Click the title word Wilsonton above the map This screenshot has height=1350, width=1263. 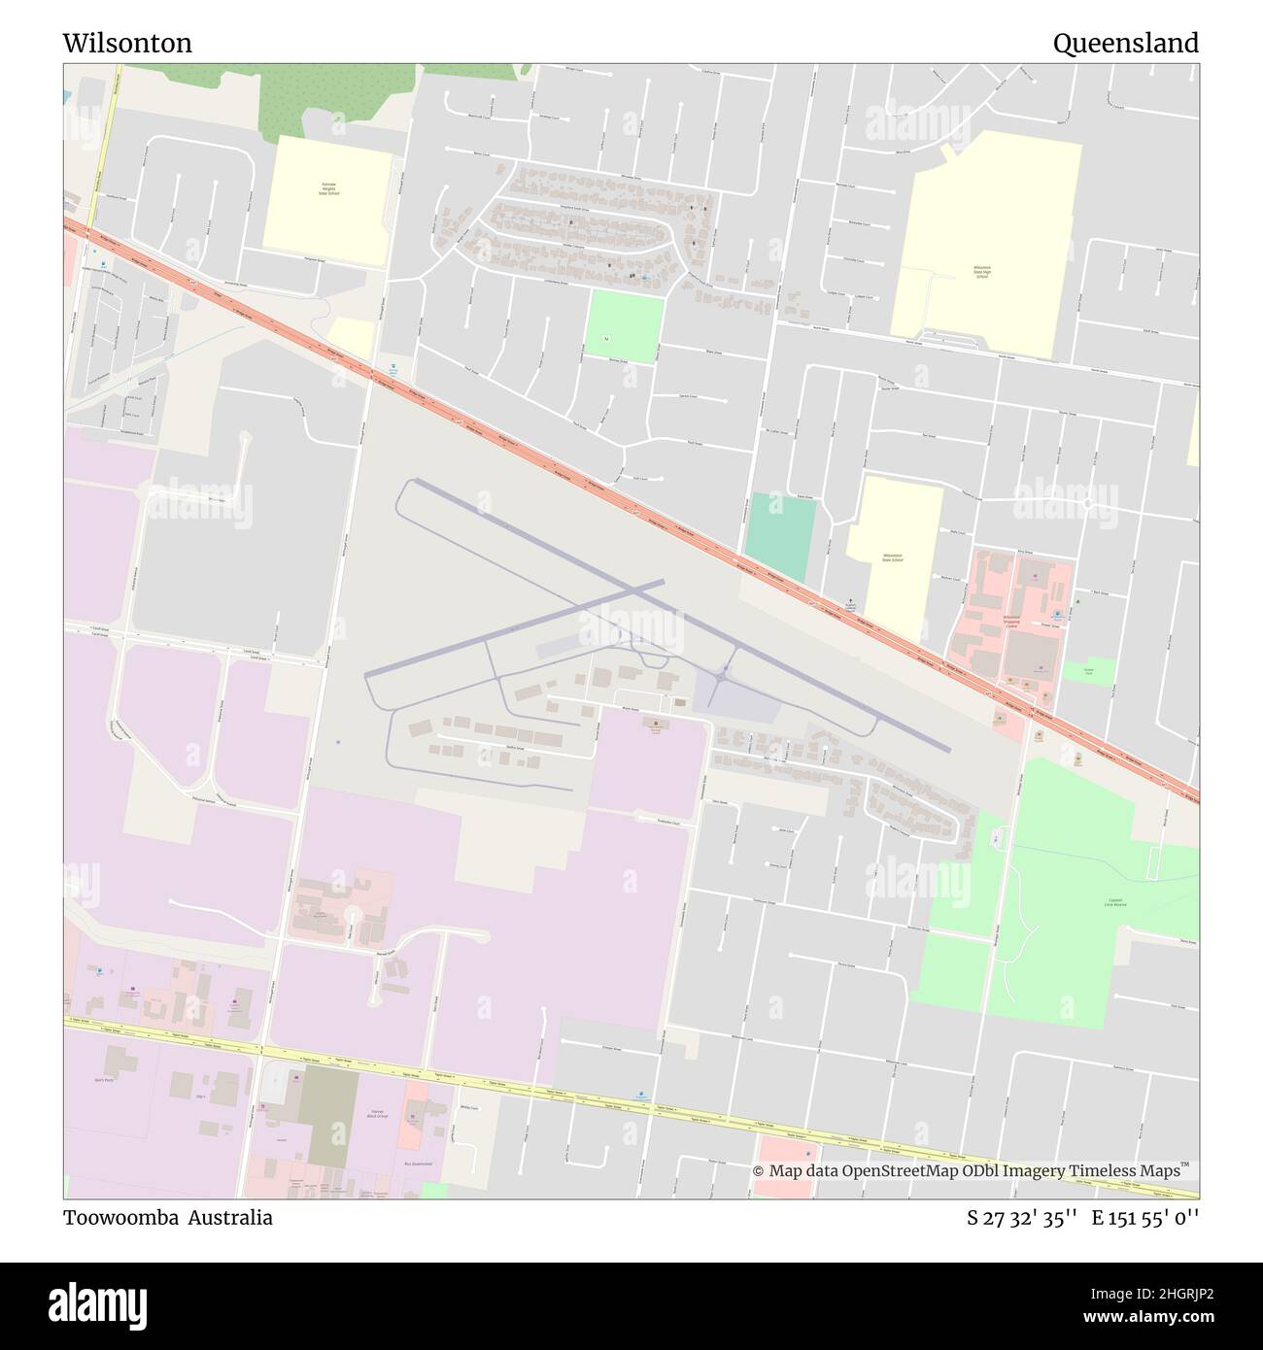coord(127,44)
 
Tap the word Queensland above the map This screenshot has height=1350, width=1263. coord(1125,44)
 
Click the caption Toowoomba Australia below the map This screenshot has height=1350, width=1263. coord(168,1218)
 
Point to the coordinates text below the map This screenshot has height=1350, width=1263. coord(1082,1218)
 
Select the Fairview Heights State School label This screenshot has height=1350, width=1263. coord(327,188)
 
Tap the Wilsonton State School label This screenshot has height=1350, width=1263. coord(892,557)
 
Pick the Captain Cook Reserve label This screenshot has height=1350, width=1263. coord(1113,902)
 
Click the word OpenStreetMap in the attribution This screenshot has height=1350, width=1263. coord(900,1171)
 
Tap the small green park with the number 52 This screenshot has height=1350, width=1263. coord(624,327)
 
